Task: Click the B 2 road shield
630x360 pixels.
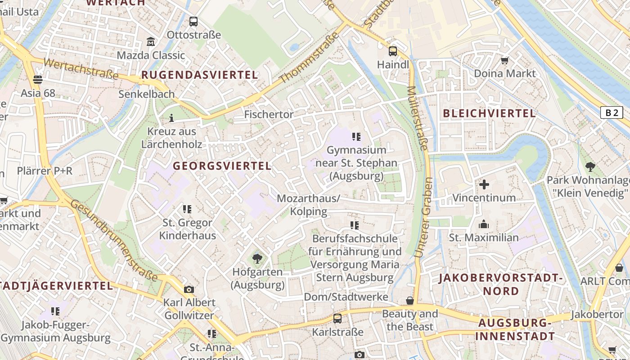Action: click(x=612, y=112)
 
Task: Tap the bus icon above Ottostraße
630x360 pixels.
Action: click(x=193, y=21)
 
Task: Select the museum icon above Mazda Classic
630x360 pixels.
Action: click(x=151, y=42)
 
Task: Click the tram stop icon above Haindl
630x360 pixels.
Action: click(x=393, y=51)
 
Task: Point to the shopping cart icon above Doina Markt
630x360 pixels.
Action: click(x=505, y=60)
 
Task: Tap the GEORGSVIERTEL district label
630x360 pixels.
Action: click(x=222, y=166)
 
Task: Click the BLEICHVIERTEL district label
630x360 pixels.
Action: click(x=489, y=113)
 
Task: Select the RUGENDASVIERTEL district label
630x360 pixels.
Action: click(x=200, y=75)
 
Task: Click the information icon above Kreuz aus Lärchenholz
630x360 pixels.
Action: click(x=171, y=118)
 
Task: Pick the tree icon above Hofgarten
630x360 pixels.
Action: click(x=257, y=258)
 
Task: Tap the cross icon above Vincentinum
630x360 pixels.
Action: click(x=484, y=184)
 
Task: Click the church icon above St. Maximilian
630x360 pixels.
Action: click(x=484, y=224)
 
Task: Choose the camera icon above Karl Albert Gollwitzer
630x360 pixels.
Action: click(x=189, y=289)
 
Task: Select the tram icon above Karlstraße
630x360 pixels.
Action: click(x=337, y=319)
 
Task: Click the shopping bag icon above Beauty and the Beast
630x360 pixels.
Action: click(x=409, y=301)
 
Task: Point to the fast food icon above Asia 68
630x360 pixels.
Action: click(x=38, y=80)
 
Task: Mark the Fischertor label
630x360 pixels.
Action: click(x=269, y=115)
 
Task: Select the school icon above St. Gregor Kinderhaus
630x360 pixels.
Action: click(x=187, y=209)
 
